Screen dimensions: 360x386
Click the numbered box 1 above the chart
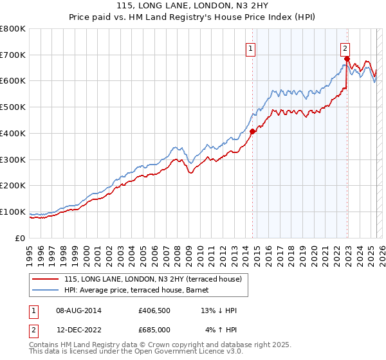coord(250,48)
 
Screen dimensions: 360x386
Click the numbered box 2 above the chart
coord(345,48)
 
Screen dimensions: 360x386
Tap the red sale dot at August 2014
coord(252,132)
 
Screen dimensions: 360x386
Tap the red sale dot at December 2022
coord(347,59)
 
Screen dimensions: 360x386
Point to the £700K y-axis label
coord(13,55)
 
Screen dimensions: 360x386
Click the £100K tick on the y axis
coord(13,212)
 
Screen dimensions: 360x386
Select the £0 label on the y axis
coord(21,238)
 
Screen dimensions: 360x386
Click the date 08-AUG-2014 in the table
coord(78,310)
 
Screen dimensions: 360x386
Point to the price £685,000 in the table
coord(154,330)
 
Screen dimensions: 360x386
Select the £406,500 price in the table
coord(154,310)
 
